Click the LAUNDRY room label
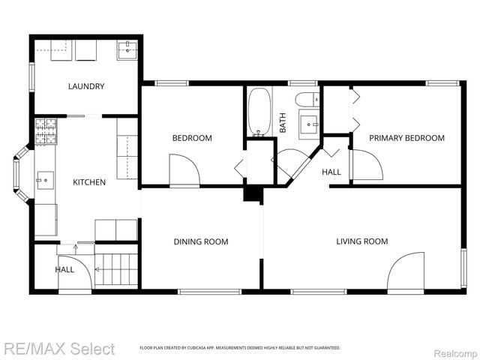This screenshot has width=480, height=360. click(86, 86)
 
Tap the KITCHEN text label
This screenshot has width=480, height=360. click(88, 182)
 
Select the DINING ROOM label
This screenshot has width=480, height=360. click(200, 241)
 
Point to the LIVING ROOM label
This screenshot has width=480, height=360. click(362, 241)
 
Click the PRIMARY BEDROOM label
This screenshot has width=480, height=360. click(406, 138)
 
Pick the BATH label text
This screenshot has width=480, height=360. click(283, 122)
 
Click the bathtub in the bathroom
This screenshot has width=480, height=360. click(259, 112)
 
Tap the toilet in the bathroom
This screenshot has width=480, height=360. click(305, 100)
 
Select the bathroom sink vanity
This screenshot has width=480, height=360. click(308, 122)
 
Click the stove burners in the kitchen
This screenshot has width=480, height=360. click(46, 131)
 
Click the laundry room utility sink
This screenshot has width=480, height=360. click(126, 50)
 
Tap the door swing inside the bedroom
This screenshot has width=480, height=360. click(184, 170)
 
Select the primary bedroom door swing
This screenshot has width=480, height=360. click(367, 165)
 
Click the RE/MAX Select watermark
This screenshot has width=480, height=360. click(59, 349)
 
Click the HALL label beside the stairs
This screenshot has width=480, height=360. click(64, 269)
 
